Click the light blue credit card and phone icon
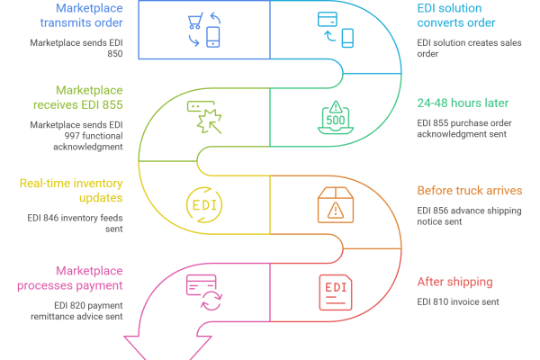tap(335, 29)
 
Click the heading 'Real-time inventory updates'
tap(71, 190)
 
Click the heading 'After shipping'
tap(454, 282)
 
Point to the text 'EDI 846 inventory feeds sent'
tap(72, 224)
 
